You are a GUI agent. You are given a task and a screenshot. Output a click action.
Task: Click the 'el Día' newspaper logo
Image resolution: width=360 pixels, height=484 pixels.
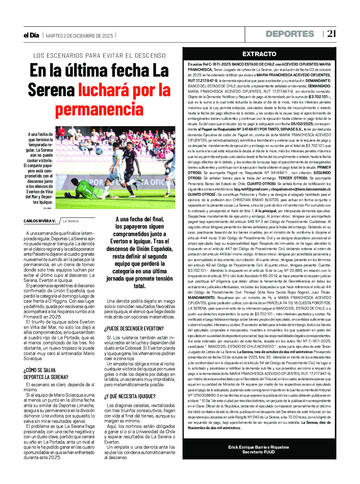tap(31, 35)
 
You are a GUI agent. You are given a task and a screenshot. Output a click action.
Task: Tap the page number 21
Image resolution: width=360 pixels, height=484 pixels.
tap(331, 34)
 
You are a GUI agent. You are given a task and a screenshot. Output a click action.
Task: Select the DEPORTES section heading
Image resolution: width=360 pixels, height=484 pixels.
tap(290, 34)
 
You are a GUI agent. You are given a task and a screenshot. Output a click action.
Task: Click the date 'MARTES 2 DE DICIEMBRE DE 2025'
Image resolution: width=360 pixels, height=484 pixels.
tap(79, 36)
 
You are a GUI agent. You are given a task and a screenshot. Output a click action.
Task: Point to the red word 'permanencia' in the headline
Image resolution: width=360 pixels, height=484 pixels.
tap(99, 109)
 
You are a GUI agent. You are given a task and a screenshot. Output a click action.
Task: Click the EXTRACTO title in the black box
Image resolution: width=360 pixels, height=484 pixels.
tap(259, 54)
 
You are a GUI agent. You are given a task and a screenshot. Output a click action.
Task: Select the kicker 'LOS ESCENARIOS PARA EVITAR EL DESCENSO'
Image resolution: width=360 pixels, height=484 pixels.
tap(99, 56)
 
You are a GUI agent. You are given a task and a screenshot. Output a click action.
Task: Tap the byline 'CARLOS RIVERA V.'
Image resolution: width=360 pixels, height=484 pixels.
tap(39, 221)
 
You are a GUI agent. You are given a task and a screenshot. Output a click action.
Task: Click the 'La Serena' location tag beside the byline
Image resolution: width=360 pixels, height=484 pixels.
tap(71, 221)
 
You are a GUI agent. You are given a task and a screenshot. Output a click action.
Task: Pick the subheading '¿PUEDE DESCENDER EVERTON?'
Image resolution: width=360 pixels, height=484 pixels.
tap(134, 329)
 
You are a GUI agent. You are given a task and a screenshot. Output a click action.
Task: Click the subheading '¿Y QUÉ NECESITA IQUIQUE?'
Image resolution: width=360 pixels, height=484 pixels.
tap(130, 396)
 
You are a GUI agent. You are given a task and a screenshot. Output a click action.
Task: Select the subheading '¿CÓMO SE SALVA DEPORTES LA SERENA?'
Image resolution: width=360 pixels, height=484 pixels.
tap(46, 374)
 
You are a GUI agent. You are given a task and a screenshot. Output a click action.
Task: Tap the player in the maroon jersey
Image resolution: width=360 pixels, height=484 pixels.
tap(130, 164)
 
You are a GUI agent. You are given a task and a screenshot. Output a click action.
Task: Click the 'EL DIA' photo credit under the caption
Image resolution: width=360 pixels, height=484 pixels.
tap(48, 208)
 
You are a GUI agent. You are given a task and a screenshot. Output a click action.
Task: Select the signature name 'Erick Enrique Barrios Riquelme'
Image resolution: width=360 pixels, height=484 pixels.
tap(258, 447)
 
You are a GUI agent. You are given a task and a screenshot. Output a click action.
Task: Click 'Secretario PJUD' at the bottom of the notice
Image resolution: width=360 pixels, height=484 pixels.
tap(258, 452)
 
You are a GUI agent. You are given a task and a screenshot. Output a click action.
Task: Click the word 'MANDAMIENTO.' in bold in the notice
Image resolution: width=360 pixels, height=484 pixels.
tap(201, 297)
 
